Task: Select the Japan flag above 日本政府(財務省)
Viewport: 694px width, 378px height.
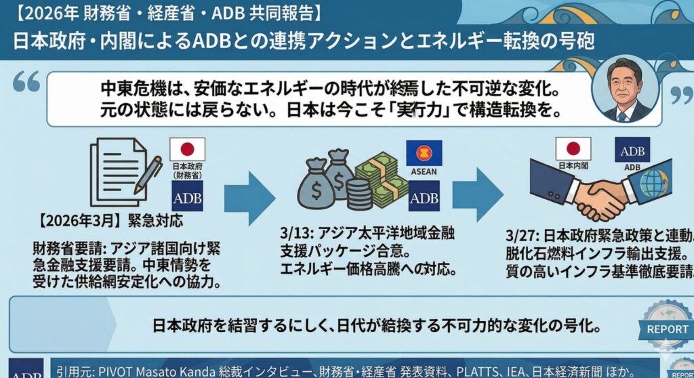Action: pyautogui.click(x=187, y=150)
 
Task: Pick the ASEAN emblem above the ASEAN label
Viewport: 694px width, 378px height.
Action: pyautogui.click(x=424, y=152)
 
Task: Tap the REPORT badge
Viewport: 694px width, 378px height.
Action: pyautogui.click(x=667, y=329)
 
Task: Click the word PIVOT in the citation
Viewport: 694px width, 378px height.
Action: pyautogui.click(x=119, y=371)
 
